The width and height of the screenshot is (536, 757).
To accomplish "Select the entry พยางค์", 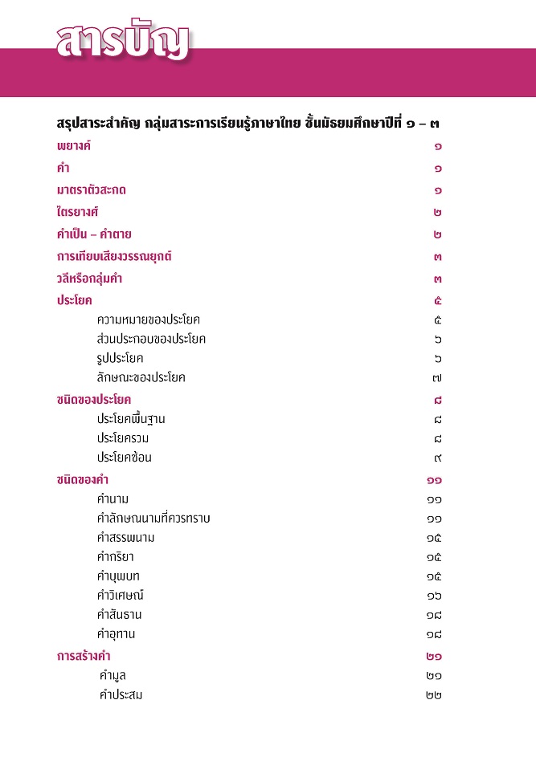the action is [x=74, y=147].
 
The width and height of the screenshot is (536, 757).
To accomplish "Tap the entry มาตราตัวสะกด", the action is [x=92, y=191].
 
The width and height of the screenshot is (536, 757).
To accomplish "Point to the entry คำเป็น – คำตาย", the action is [x=94, y=235].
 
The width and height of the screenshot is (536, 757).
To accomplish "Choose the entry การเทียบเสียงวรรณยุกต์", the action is [x=114, y=257].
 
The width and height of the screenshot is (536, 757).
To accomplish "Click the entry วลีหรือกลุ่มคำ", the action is [x=89, y=279].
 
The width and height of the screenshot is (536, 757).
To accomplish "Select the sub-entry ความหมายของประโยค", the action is [x=148, y=319].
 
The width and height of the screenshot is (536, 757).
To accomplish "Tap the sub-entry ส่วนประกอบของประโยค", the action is [x=151, y=339].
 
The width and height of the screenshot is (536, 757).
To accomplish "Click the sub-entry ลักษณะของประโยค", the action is [x=141, y=377].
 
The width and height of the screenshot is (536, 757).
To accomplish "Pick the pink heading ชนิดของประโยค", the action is [x=94, y=399].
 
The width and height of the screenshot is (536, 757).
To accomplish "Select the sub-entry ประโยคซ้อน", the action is [x=125, y=458].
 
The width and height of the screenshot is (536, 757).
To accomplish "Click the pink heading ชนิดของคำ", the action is [x=83, y=480].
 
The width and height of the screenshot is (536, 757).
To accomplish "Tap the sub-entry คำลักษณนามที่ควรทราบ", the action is [x=153, y=519].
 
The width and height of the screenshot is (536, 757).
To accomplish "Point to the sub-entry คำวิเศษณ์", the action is [x=121, y=596].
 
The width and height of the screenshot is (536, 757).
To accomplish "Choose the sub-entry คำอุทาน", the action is [x=116, y=634].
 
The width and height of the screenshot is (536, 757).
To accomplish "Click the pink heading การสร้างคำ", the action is [x=84, y=657].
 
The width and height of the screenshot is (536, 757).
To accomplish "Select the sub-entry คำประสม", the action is [x=121, y=695].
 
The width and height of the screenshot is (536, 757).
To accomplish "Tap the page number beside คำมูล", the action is [x=434, y=676].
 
